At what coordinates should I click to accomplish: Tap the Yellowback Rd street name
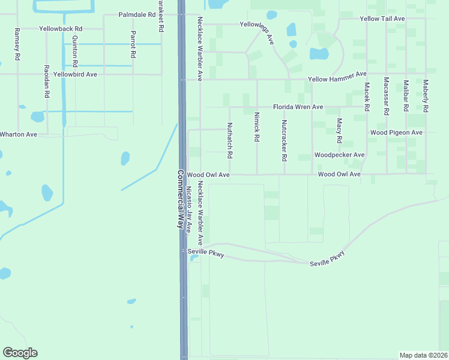[x=61, y=28]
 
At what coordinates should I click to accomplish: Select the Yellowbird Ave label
[x=75, y=74]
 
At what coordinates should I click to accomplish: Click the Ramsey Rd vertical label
[x=17, y=44]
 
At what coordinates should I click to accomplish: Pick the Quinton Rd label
[x=75, y=50]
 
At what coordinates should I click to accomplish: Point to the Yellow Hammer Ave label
[x=337, y=77]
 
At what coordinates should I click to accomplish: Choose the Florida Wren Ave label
[x=298, y=107]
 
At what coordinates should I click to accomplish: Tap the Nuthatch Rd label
[x=229, y=140]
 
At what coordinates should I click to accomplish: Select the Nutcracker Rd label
[x=285, y=140]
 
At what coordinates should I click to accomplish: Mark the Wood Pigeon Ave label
[x=396, y=132]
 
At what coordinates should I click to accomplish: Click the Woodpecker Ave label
[x=339, y=155]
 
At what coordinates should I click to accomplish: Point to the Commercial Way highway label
[x=179, y=198]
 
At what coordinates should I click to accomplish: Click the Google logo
[x=20, y=353]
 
